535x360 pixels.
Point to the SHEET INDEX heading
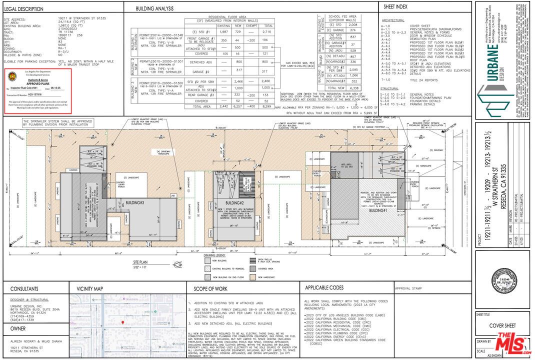click(395, 7)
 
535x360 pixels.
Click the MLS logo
click(513, 343)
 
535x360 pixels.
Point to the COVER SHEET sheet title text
click(502, 325)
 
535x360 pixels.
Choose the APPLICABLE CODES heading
click(323, 288)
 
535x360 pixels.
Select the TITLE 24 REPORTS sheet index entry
click(424, 80)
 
